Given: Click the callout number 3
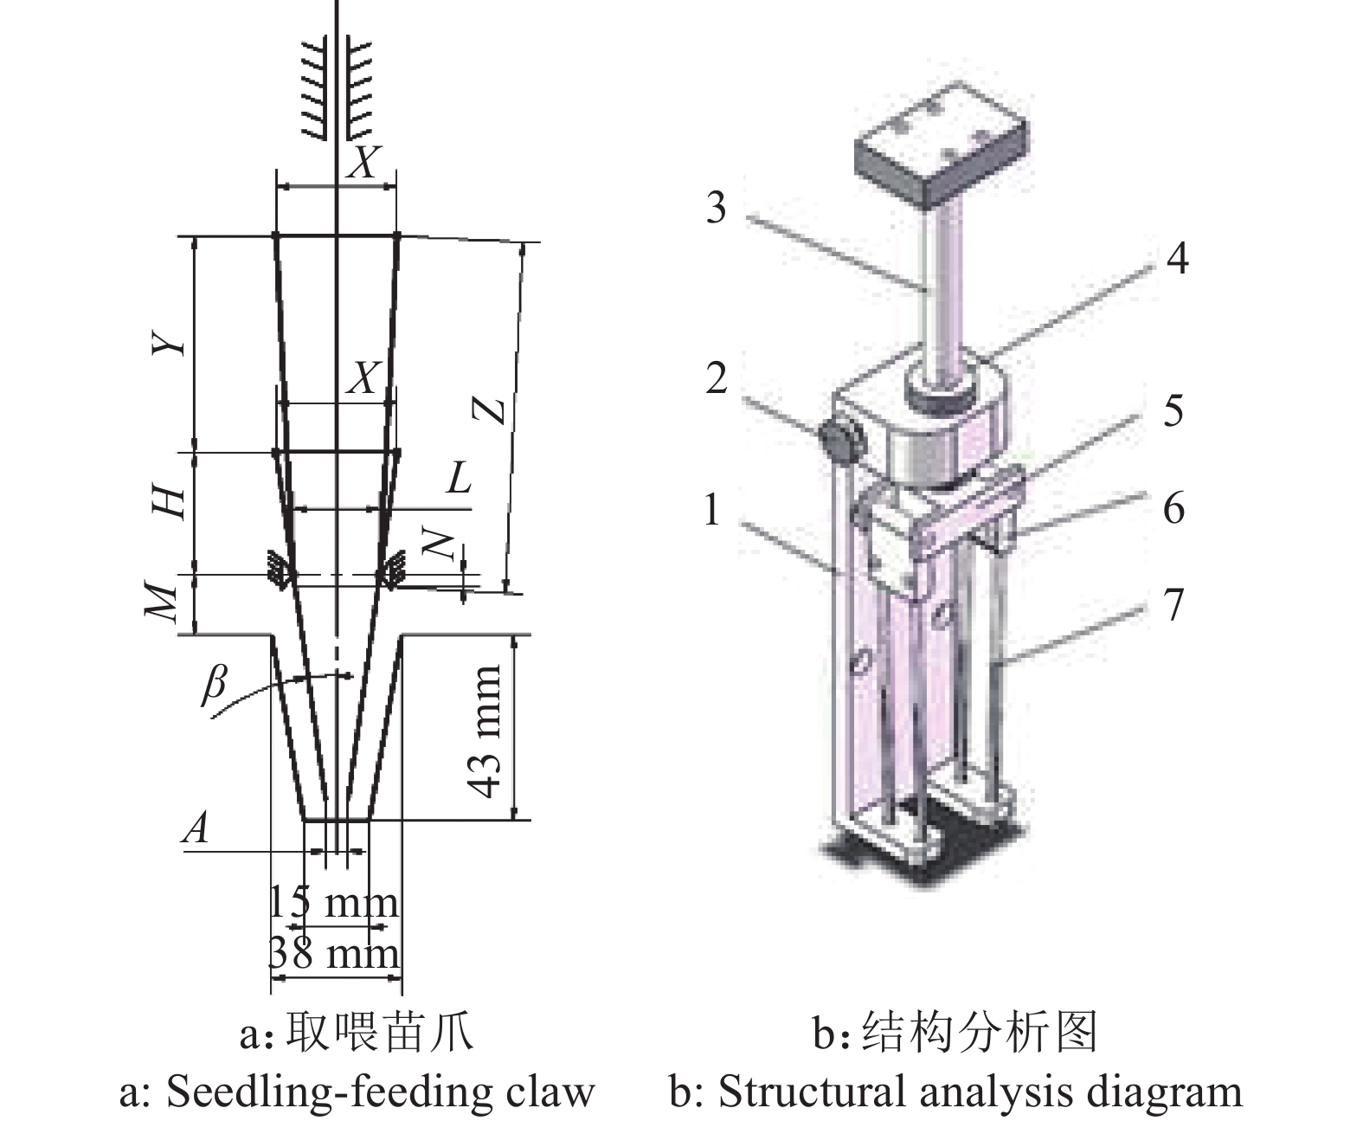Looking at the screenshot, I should point(716,209).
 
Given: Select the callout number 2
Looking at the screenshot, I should point(716,378).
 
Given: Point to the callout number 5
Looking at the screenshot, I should point(1173,409).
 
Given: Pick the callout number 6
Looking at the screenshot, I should point(1173,507).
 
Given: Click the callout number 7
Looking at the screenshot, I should point(1173,604).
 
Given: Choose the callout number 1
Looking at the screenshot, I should point(711,510).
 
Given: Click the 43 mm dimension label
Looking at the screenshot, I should point(485,731).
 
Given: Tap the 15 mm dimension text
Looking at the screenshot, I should point(334,903).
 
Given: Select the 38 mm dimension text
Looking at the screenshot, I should point(334,954).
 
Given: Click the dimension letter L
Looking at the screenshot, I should point(459,478).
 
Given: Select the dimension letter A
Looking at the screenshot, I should point(196,828).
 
